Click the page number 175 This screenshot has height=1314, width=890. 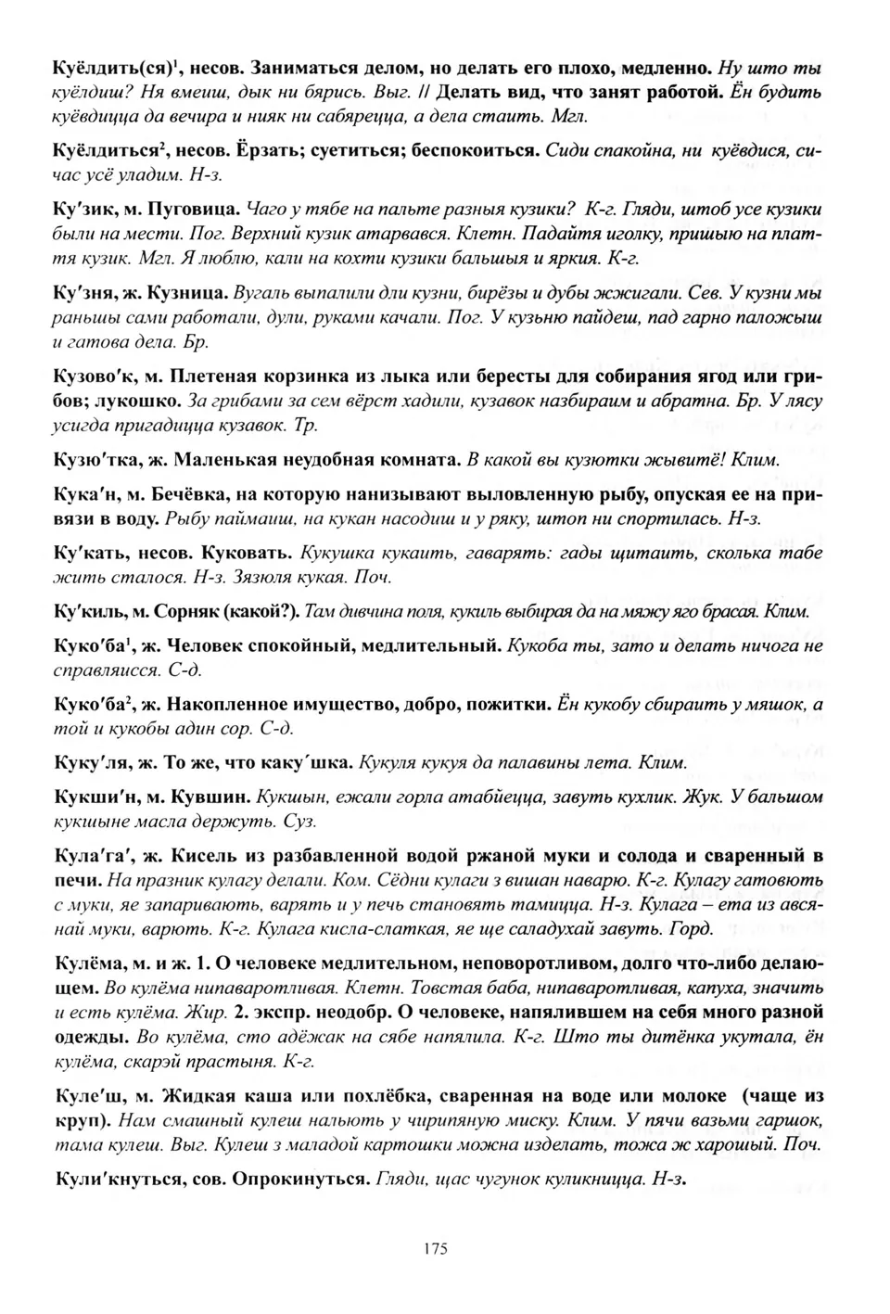[435, 1248]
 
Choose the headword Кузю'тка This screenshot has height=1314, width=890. [96, 460]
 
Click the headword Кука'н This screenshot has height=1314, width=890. [85, 494]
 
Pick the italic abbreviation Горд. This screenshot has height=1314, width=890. [693, 928]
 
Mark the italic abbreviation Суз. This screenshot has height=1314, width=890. [301, 821]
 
